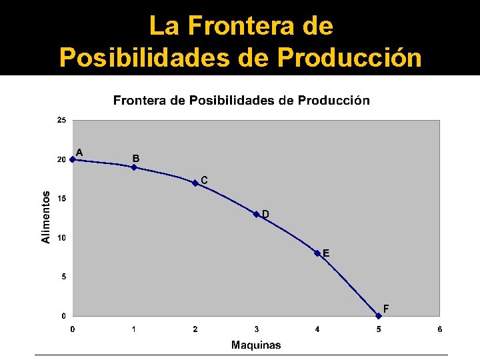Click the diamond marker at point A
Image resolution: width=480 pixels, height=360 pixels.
(x=73, y=159)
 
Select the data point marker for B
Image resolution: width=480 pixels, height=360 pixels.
(x=134, y=167)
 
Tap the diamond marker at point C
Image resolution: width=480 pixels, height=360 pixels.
(x=195, y=183)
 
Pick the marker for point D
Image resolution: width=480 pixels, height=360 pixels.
(x=257, y=214)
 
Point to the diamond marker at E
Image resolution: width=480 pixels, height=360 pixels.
(x=317, y=253)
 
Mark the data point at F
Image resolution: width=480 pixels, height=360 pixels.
(x=379, y=315)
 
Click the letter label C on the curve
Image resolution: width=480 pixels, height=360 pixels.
(x=204, y=180)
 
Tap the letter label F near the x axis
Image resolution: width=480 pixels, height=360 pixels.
(x=386, y=309)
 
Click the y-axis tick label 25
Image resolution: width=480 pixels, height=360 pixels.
(x=61, y=121)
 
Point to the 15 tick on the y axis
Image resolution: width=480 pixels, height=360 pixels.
(x=61, y=199)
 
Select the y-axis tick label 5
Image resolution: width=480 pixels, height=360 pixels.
(x=63, y=277)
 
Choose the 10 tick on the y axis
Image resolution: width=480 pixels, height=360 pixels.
(x=61, y=238)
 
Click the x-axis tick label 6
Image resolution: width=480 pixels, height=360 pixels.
(x=440, y=329)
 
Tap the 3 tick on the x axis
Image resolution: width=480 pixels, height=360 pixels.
(x=257, y=329)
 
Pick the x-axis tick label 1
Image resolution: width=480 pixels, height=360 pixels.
(x=134, y=329)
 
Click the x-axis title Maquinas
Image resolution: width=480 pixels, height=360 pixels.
(x=256, y=345)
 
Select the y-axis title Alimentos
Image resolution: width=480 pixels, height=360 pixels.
(x=46, y=217)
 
